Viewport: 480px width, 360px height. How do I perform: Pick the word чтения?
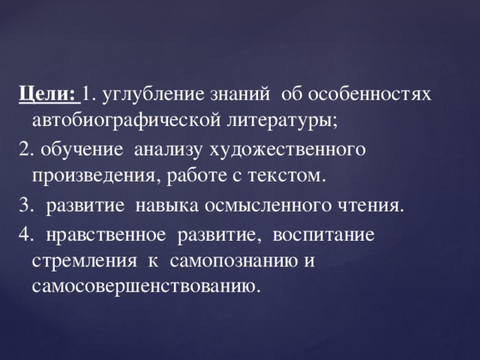pyautogui.click(x=377, y=206)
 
